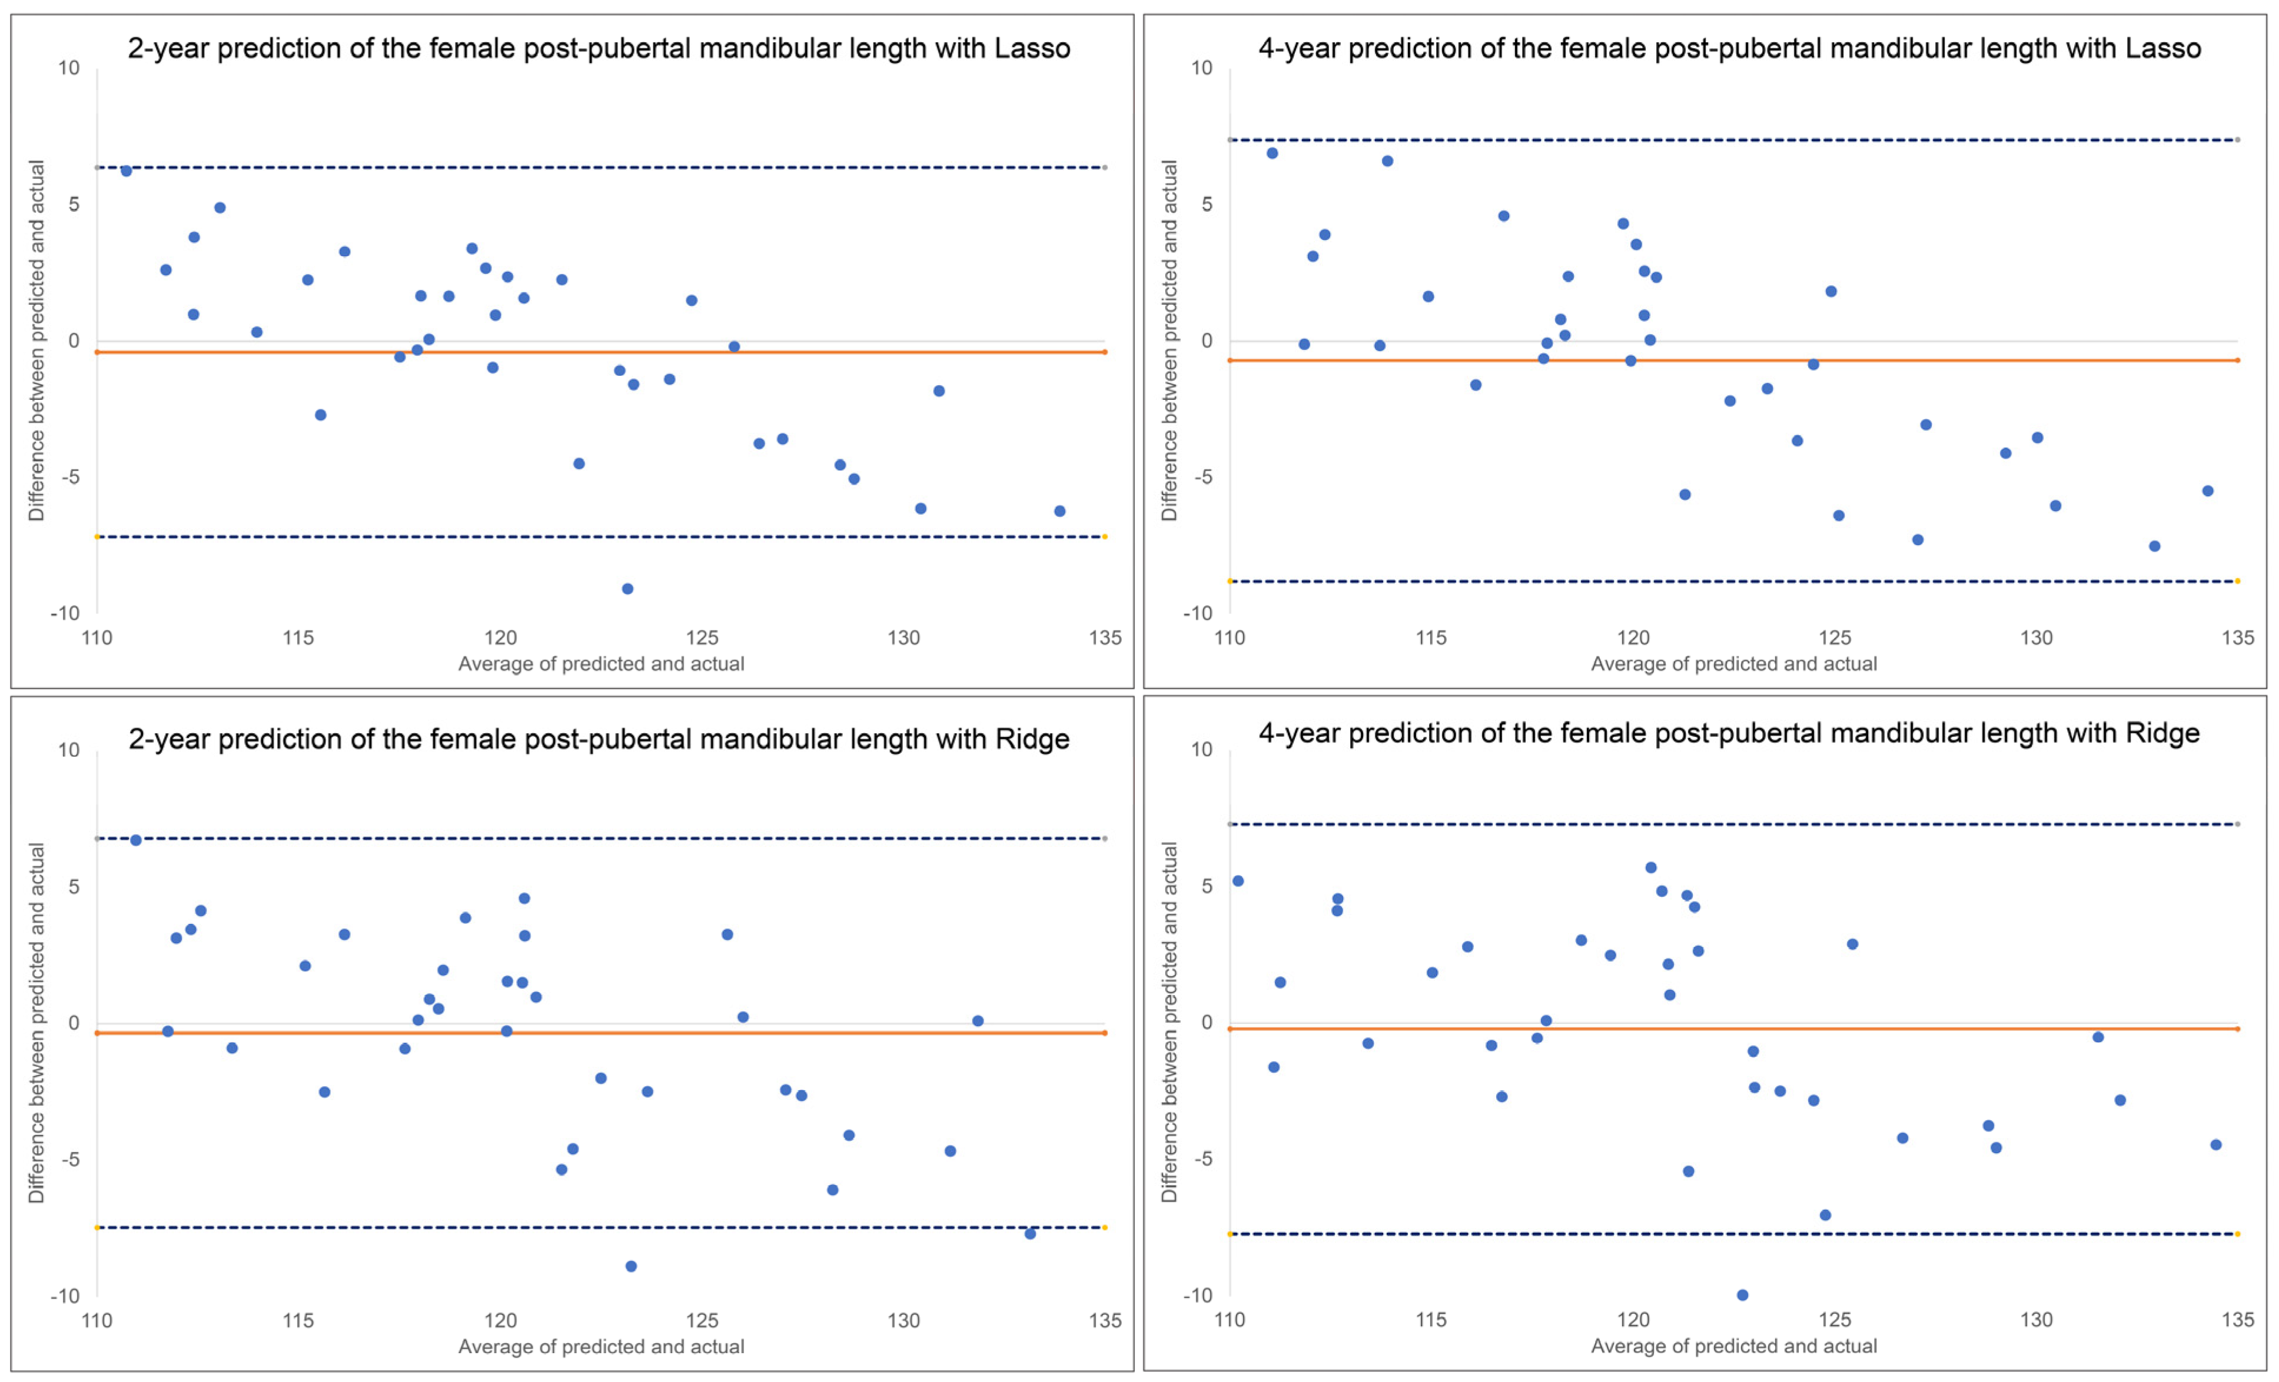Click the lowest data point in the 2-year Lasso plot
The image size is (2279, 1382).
coord(627,589)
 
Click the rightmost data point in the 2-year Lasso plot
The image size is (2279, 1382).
coord(1060,511)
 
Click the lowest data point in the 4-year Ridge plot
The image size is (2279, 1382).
coord(1743,1295)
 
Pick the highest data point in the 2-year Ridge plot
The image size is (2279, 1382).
coord(136,840)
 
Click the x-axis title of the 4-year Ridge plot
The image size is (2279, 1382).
coord(1733,1346)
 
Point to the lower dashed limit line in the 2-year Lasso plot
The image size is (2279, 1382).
coord(601,536)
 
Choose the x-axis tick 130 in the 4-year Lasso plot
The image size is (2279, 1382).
coord(2036,638)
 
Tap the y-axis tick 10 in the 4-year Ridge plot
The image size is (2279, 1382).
coord(1201,750)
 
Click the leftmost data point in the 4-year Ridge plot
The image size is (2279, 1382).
coord(1238,881)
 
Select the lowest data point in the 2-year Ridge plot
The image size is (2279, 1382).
coord(631,1267)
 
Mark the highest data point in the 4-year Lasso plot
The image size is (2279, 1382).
coord(1272,153)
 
